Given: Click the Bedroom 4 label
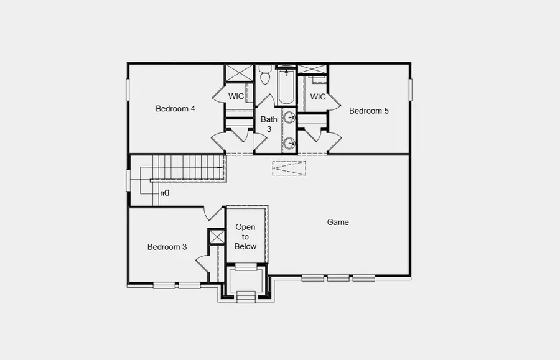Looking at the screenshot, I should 175,109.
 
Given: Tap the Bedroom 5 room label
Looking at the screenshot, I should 369,111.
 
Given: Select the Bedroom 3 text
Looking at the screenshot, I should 167,247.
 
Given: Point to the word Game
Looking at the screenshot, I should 338,222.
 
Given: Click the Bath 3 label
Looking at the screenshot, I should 269,124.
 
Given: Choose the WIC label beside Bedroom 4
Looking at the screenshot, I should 236,96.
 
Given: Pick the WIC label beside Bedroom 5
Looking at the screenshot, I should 318,97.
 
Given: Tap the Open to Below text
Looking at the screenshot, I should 245,237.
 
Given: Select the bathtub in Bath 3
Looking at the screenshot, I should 286,86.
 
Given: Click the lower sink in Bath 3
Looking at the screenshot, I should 289,144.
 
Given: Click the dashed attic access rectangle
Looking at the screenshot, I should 289,168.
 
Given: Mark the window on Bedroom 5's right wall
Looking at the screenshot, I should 410,89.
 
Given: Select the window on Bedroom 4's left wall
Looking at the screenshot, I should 128,89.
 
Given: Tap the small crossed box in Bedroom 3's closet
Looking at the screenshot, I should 217,237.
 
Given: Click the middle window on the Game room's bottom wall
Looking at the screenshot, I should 338,278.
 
